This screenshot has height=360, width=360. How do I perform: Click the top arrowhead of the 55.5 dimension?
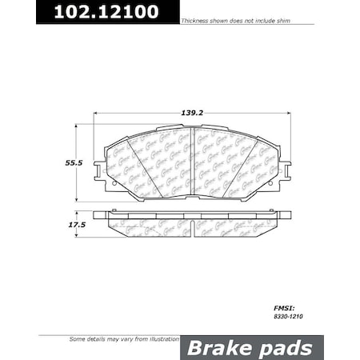pos(77,126)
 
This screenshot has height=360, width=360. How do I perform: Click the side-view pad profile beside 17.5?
pos(190,225)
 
